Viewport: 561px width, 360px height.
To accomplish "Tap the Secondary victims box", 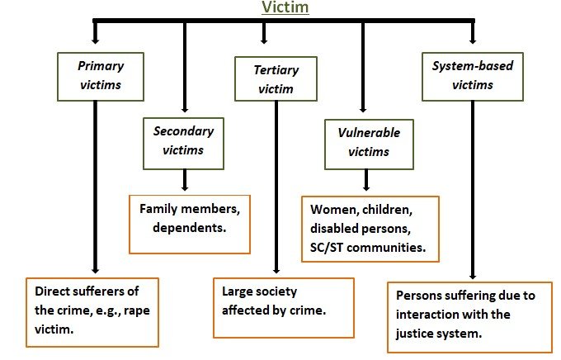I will [x=184, y=140].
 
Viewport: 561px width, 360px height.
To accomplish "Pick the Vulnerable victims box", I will [x=364, y=140].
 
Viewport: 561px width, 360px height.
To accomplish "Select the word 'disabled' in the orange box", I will [x=328, y=228].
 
